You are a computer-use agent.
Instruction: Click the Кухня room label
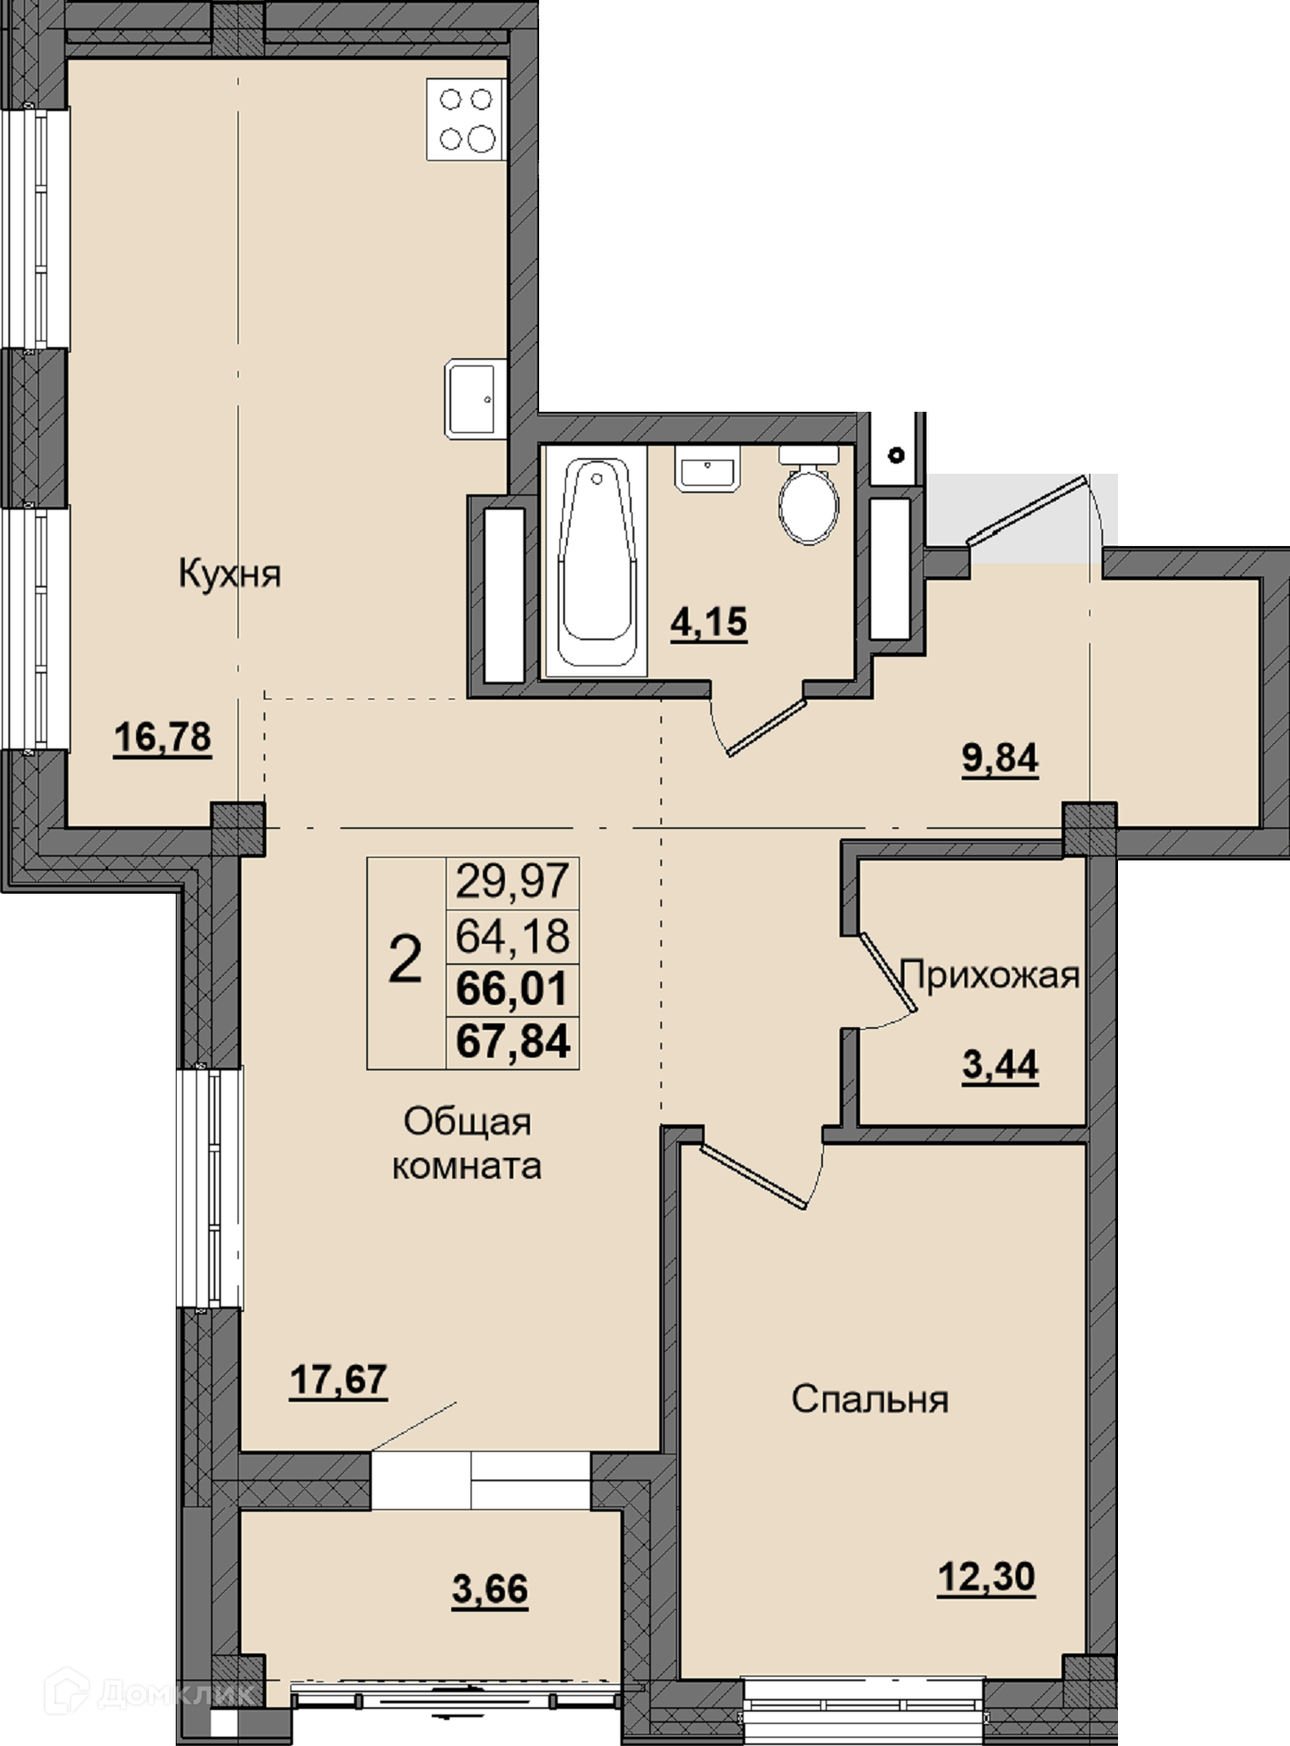tap(229, 574)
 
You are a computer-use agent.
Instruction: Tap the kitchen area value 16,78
tap(163, 738)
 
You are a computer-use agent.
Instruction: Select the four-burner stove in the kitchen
tap(466, 119)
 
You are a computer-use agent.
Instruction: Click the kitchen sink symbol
tap(475, 399)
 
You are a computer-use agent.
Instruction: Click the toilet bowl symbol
tap(809, 496)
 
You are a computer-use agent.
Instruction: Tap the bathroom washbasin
tap(707, 468)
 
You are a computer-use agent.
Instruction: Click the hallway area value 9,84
tap(1001, 759)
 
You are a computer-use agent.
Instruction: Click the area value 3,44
tap(1001, 1066)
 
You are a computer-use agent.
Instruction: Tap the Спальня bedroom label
tap(870, 1399)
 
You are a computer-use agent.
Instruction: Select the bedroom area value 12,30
tap(987, 1577)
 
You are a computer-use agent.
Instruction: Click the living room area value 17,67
tap(338, 1380)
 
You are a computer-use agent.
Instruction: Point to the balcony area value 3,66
tap(490, 1590)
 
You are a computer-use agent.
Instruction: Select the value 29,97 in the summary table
tap(513, 881)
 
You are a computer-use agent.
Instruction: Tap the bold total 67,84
tap(513, 1042)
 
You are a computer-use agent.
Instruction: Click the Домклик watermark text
tap(175, 1694)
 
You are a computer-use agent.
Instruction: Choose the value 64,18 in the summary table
tap(513, 936)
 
